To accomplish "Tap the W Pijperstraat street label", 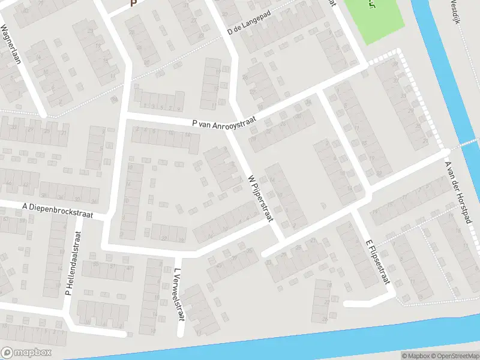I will click(x=260, y=198).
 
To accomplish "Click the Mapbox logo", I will click(x=26, y=353).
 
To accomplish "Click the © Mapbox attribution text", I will click(x=415, y=356).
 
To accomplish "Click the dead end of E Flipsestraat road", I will click(x=346, y=304).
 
